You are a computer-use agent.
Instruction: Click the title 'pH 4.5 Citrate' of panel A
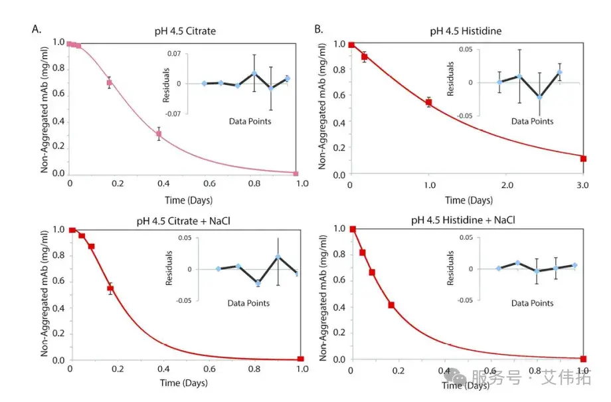click(183, 31)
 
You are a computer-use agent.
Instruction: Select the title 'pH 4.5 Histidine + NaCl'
click(468, 217)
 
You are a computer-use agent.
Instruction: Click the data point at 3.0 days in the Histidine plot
click(584, 158)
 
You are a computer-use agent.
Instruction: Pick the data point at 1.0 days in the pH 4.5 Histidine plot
click(428, 102)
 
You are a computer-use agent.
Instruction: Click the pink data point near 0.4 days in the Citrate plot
click(159, 134)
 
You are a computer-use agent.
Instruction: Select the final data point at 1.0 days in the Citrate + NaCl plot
click(301, 359)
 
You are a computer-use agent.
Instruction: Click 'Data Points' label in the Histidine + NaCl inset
click(532, 303)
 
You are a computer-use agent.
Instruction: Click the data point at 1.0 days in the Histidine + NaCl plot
click(584, 359)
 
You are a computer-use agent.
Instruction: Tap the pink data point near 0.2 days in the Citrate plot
click(110, 83)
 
